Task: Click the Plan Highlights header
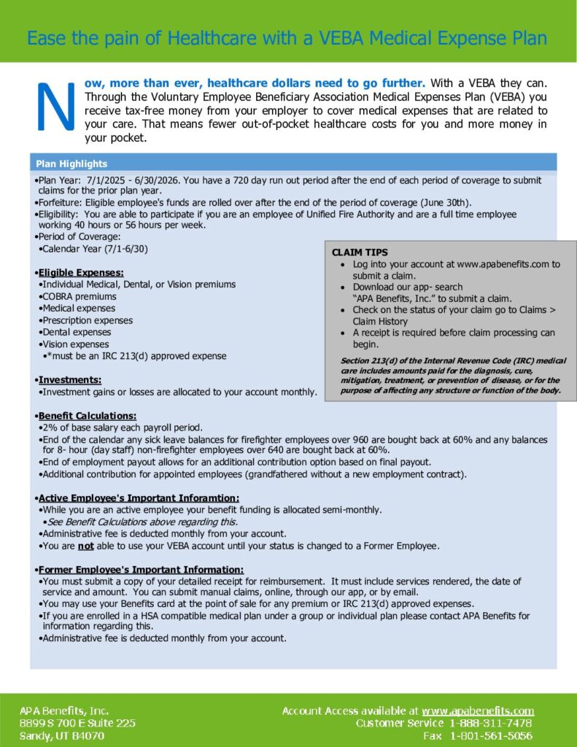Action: click(71, 163)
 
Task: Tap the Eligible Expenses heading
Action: click(81, 273)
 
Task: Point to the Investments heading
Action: click(70, 380)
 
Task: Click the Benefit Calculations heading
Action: click(88, 415)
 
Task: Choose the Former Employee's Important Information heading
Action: click(141, 569)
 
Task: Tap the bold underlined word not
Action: click(86, 546)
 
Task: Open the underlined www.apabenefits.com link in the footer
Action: click(478, 711)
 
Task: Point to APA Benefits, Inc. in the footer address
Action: click(64, 711)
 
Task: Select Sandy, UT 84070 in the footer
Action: click(62, 736)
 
